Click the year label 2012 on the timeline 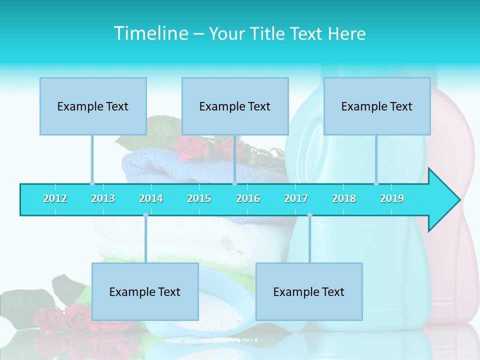[x=55, y=199]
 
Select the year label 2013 [x=103, y=199]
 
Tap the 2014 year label [x=151, y=199]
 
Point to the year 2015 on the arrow [x=199, y=199]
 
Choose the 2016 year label [x=248, y=199]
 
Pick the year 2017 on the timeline [x=296, y=199]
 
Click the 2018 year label [x=344, y=199]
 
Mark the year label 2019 [x=392, y=199]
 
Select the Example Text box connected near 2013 [x=93, y=106]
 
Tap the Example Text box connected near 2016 [x=235, y=106]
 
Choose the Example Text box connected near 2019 [x=377, y=106]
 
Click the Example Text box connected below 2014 [x=145, y=291]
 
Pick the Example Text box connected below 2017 [x=309, y=291]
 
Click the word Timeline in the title [x=150, y=33]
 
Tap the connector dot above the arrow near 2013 [x=92, y=183]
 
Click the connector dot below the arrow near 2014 [x=145, y=215]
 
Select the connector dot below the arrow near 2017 [x=309, y=215]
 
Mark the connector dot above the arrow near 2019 [x=376, y=183]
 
